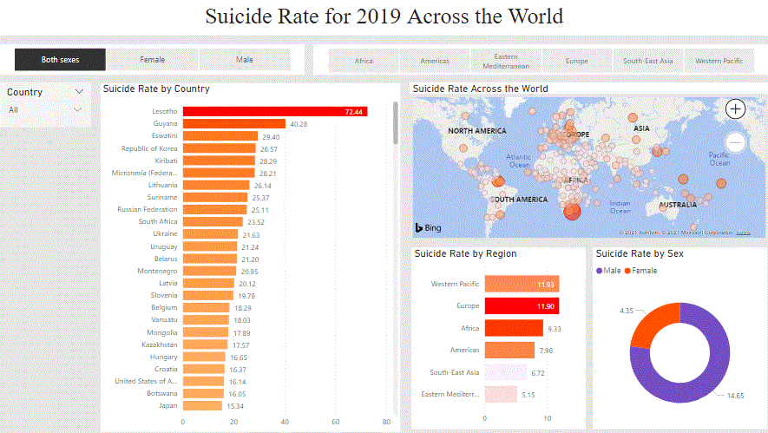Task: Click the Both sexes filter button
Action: (60, 60)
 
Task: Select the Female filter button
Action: (153, 60)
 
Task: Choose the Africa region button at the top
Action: (364, 61)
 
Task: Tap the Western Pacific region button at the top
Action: (719, 61)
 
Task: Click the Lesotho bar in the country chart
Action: (274, 112)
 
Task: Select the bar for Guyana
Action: (233, 124)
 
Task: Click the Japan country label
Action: (167, 406)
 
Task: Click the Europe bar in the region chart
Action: (521, 306)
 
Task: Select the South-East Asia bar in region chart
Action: (505, 372)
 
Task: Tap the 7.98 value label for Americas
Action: (546, 351)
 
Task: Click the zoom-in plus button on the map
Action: (735, 108)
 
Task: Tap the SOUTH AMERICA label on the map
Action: (519, 200)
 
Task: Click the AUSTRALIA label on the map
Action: (677, 206)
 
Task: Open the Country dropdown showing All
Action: (46, 110)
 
